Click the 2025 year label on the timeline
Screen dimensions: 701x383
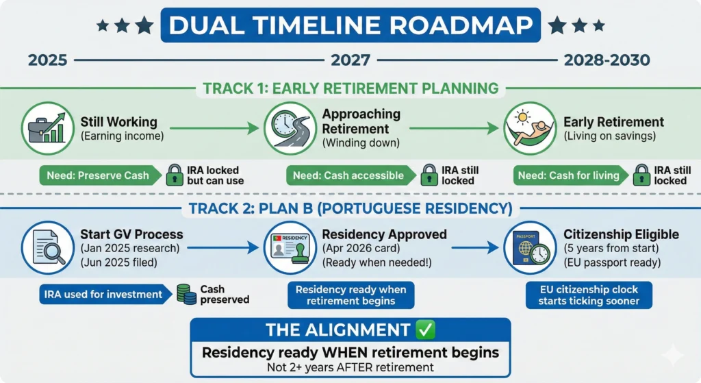[47, 60]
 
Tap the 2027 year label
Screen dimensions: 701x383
[350, 60]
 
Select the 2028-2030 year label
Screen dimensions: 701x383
[607, 60]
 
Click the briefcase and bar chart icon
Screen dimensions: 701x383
[47, 128]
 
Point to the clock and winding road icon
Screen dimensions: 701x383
[290, 128]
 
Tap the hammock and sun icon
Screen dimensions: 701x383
[531, 128]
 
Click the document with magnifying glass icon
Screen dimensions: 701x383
[47, 247]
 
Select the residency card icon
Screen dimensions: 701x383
[290, 247]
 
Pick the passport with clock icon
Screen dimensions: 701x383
[531, 247]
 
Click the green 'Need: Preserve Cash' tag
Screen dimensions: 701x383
[100, 175]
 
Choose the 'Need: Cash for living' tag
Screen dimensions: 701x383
[571, 175]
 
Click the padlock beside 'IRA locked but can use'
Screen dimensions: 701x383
[175, 175]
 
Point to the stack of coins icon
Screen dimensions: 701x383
[186, 295]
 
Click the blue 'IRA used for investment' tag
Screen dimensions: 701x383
[105, 295]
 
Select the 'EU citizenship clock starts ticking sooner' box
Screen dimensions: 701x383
[589, 295]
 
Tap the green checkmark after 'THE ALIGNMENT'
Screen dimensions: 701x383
[425, 330]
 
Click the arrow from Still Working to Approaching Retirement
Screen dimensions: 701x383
[214, 128]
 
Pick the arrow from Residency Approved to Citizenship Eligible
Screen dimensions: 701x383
[475, 247]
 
